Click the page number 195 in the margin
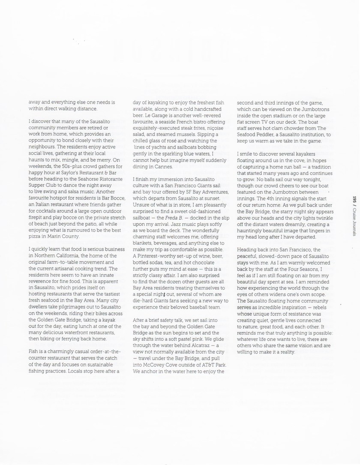[354, 200]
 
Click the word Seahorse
[83, 173]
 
